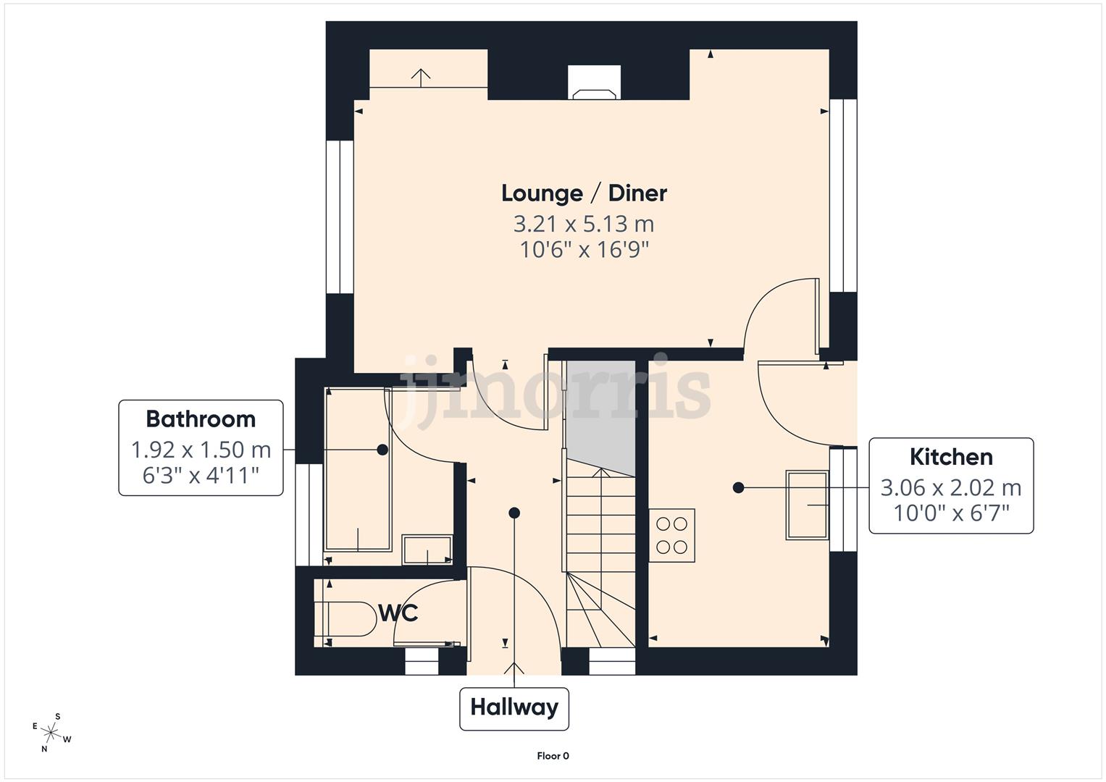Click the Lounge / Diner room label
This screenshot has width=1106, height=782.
coord(584,193)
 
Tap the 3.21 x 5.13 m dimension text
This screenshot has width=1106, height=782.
coord(584,224)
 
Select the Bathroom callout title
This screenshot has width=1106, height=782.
coord(201,419)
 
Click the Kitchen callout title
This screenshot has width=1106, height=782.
coord(950,457)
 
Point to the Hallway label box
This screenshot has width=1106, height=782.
coord(514,707)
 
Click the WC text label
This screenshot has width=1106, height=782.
coord(398,613)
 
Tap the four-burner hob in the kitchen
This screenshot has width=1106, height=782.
coord(671,536)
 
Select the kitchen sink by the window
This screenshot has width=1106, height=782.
coord(807,505)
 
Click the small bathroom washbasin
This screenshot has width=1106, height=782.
coord(427,550)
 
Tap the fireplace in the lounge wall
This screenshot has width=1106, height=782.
coord(594,83)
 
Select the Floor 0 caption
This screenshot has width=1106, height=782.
coord(553,756)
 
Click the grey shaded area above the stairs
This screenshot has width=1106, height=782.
coord(600,413)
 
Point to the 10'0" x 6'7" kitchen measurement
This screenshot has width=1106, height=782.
coord(950,513)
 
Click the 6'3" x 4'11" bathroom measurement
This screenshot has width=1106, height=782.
coord(201,476)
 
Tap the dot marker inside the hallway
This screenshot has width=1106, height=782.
coord(514,513)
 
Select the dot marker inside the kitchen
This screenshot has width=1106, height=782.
coord(738,488)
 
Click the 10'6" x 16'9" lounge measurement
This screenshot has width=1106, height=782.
coord(584,251)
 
